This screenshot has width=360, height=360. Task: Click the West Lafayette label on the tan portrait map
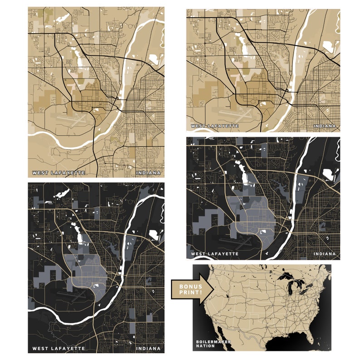pyautogui.click(x=58, y=173)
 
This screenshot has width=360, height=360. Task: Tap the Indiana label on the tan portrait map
pyautogui.click(x=148, y=173)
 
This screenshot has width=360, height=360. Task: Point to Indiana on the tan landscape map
pyautogui.click(x=325, y=126)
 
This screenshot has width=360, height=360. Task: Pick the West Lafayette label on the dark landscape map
pyautogui.click(x=214, y=254)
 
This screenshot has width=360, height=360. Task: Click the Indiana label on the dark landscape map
pyautogui.click(x=325, y=254)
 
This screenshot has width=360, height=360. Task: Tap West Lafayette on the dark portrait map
pyautogui.click(x=58, y=348)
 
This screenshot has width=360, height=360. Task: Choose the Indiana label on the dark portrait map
pyautogui.click(x=148, y=348)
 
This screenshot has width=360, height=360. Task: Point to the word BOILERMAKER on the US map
pyautogui.click(x=213, y=341)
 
